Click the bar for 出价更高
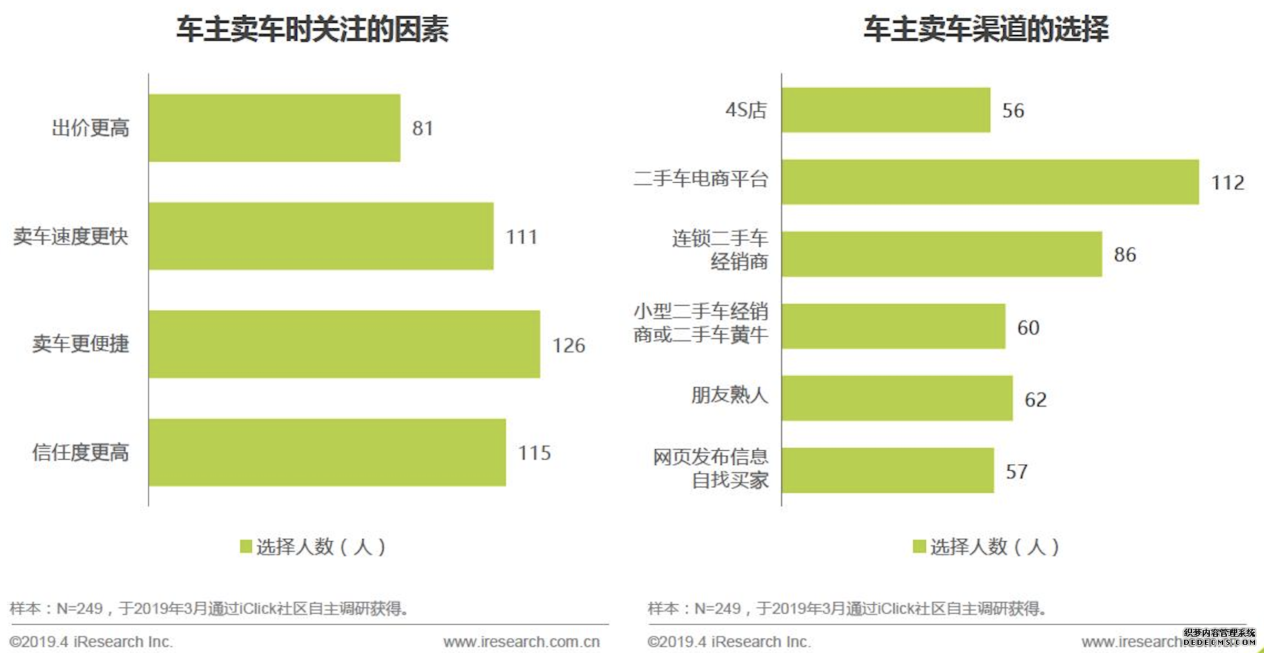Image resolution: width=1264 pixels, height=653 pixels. pyautogui.click(x=274, y=127)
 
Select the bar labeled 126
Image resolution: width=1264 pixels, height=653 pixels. pyautogui.click(x=344, y=344)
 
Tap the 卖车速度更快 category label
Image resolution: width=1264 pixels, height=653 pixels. pyautogui.click(x=71, y=236)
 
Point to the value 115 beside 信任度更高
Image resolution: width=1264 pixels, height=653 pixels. pyautogui.click(x=534, y=453)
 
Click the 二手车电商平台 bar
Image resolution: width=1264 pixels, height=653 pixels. pyautogui.click(x=990, y=181)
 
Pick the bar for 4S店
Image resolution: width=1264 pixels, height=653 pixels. pyautogui.click(x=885, y=110)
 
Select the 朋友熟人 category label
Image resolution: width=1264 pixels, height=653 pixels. pyautogui.click(x=729, y=395)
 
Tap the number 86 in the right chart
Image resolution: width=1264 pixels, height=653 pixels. pyautogui.click(x=1124, y=255)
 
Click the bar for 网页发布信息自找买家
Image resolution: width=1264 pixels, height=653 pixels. pyautogui.click(x=888, y=470)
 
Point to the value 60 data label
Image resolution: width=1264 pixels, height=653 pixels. pyautogui.click(x=1028, y=328)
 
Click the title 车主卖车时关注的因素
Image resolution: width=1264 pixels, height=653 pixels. pyautogui.click(x=312, y=30)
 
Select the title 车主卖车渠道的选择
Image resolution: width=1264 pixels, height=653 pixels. pyautogui.click(x=985, y=30)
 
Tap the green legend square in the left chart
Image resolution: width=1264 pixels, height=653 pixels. pyautogui.click(x=246, y=546)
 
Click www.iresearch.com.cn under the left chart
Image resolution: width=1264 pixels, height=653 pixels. pyautogui.click(x=522, y=642)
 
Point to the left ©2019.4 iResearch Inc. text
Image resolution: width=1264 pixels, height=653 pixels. pyautogui.click(x=90, y=642)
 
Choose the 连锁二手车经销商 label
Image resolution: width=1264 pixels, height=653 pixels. pyautogui.click(x=719, y=250)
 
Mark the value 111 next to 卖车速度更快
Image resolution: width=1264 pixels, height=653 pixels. pyautogui.click(x=521, y=237)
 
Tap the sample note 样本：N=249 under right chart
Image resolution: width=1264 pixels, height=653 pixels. pyautogui.click(x=847, y=609)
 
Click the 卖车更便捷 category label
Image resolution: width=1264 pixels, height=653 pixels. pyautogui.click(x=81, y=344)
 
